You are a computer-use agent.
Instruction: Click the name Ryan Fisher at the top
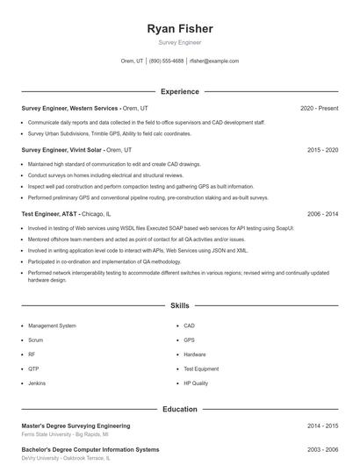click(x=179, y=29)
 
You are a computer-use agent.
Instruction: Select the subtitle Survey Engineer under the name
click(x=179, y=42)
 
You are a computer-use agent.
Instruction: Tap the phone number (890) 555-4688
click(x=166, y=61)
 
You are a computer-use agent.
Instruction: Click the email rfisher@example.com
click(x=214, y=61)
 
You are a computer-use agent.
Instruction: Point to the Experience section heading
click(x=179, y=91)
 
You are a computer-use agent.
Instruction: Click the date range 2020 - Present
click(x=319, y=108)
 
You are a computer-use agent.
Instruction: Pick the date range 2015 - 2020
click(x=322, y=150)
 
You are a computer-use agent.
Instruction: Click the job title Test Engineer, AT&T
click(x=50, y=213)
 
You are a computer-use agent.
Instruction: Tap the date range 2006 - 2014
click(x=322, y=213)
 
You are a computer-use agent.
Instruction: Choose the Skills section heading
click(x=179, y=306)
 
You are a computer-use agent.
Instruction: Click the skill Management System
click(x=52, y=325)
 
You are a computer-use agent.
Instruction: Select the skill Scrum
click(x=35, y=340)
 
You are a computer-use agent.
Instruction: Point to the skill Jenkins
click(x=37, y=383)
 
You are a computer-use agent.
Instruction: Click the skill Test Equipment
click(x=201, y=369)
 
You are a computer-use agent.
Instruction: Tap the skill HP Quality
click(x=196, y=383)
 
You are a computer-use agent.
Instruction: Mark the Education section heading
click(x=179, y=409)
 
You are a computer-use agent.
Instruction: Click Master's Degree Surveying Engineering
click(x=76, y=426)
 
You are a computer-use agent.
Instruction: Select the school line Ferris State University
click(x=65, y=433)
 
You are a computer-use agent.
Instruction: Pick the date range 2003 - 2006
click(x=322, y=449)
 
